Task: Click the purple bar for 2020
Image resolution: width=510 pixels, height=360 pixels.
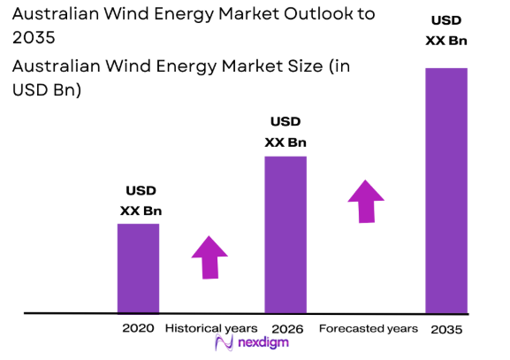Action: click(139, 268)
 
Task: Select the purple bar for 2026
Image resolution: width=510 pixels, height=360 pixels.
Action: click(285, 234)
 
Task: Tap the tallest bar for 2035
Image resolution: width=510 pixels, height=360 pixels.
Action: click(446, 190)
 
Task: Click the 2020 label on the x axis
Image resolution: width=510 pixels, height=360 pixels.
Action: click(139, 328)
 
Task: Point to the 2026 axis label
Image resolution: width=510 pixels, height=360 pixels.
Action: click(288, 328)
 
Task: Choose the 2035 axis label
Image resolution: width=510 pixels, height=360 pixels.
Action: click(445, 329)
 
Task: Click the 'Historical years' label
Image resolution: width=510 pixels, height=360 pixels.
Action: click(211, 328)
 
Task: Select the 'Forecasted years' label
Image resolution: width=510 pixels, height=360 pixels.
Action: click(368, 328)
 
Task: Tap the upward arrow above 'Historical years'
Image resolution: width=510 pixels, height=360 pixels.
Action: click(209, 257)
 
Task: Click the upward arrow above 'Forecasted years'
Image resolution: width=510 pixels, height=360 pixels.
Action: click(365, 201)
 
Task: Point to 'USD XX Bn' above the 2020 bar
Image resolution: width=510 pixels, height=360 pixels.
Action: click(141, 200)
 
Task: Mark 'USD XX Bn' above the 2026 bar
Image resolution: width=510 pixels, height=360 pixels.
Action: click(285, 131)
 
